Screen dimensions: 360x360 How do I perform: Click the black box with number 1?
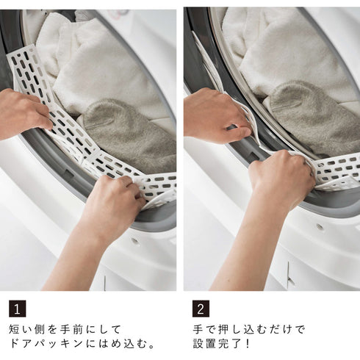[x=18, y=309]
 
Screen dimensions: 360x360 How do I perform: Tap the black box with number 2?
[x=201, y=309]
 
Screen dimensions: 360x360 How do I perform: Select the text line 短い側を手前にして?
[x=64, y=329]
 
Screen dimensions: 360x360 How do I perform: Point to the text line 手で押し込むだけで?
[x=248, y=329]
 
